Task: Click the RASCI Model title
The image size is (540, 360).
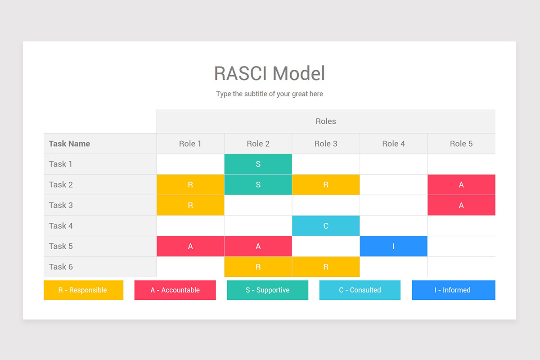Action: click(269, 73)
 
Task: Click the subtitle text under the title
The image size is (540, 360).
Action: click(269, 94)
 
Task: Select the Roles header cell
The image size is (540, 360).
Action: click(326, 121)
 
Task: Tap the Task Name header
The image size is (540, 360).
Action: click(69, 144)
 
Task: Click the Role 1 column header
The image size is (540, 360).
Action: click(190, 144)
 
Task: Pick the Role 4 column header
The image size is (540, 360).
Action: click(393, 144)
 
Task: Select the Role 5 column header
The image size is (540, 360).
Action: click(461, 144)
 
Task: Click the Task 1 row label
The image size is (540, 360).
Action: click(61, 164)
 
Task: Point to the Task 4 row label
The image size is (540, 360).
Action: click(61, 225)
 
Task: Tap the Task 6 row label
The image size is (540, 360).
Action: click(61, 266)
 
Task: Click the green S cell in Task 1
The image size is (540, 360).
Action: click(258, 164)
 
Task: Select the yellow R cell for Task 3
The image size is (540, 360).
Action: click(190, 205)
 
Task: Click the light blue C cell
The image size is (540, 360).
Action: click(326, 225)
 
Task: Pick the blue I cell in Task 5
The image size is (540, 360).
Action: click(393, 246)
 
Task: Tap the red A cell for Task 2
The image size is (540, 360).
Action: click(461, 184)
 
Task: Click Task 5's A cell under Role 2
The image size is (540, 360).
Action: click(258, 246)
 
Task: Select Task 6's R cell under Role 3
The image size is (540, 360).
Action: click(326, 266)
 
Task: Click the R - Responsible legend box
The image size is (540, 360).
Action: click(83, 290)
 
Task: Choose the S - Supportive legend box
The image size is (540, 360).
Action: click(267, 290)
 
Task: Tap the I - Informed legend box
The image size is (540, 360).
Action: click(453, 290)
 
